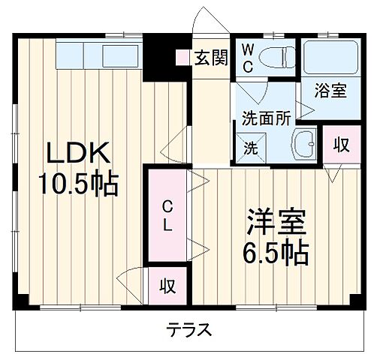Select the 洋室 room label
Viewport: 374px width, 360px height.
click(276, 223)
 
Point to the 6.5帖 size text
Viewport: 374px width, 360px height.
click(276, 253)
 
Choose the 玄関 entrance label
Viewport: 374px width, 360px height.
click(210, 58)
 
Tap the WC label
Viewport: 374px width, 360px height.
click(249, 58)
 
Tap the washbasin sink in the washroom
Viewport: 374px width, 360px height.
click(303, 142)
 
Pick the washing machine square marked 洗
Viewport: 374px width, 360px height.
click(249, 147)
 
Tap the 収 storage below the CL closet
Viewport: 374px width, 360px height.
click(167, 286)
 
